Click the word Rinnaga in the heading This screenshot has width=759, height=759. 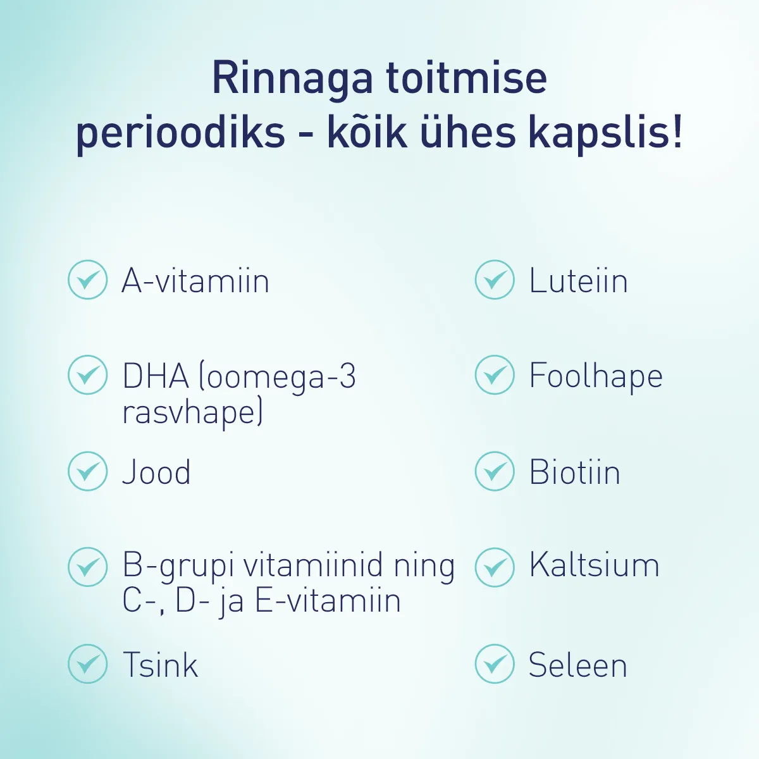[292, 79]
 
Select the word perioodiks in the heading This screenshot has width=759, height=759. [180, 135]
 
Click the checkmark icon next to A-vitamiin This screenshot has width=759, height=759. [87, 280]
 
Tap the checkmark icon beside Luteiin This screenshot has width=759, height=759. [495, 280]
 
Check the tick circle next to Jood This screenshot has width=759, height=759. [87, 471]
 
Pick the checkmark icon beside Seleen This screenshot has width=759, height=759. [495, 664]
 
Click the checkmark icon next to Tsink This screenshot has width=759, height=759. [87, 664]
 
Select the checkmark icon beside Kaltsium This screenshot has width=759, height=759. [495, 567]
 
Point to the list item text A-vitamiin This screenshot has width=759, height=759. [195, 281]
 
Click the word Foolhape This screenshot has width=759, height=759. [596, 377]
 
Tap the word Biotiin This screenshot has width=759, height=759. [574, 472]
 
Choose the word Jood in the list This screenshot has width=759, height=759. [156, 472]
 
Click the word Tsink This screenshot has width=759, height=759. [160, 665]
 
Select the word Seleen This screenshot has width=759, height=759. [577, 665]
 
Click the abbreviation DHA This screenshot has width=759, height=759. [156, 376]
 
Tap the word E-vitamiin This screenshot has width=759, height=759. [328, 601]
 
